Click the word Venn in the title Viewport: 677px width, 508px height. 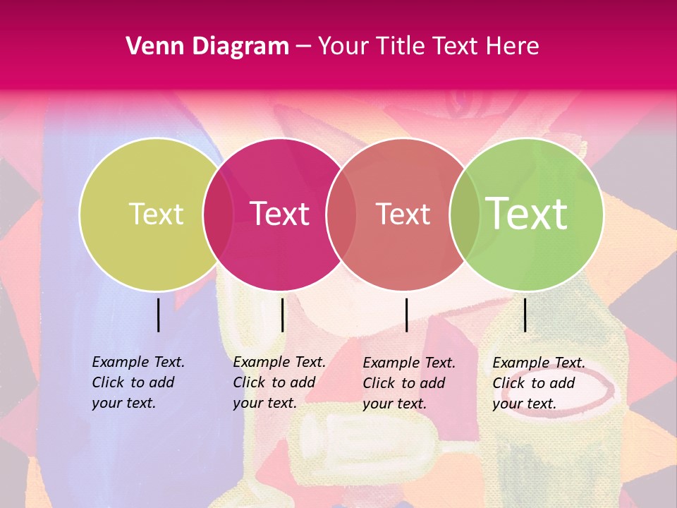pyautogui.click(x=151, y=47)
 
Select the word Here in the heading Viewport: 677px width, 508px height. pyautogui.click(x=513, y=47)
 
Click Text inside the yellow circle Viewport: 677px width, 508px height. pyautogui.click(x=156, y=214)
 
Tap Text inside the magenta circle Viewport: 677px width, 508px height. pyautogui.click(x=280, y=214)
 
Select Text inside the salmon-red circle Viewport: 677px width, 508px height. pyautogui.click(x=403, y=214)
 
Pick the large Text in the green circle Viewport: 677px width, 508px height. pyautogui.click(x=527, y=214)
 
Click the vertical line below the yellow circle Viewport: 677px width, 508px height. pyautogui.click(x=159, y=315)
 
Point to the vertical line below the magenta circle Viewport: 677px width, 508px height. pyautogui.click(x=282, y=315)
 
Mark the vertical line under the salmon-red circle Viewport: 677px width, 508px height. pyautogui.click(x=407, y=315)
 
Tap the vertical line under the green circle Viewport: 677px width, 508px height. pyautogui.click(x=525, y=315)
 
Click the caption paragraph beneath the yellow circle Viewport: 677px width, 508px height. pyautogui.click(x=138, y=382)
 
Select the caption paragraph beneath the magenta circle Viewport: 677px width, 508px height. pyautogui.click(x=279, y=382)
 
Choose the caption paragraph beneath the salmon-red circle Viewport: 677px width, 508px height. pyautogui.click(x=409, y=383)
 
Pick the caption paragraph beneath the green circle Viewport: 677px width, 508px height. pyautogui.click(x=539, y=383)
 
